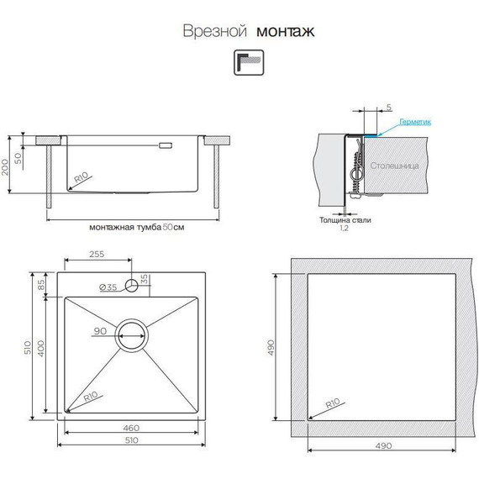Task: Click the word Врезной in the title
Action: [215, 31]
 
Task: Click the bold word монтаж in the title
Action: [286, 31]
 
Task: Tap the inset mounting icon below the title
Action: [249, 63]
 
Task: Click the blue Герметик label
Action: [415, 122]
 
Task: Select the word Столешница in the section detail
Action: [394, 166]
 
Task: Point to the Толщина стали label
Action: [345, 220]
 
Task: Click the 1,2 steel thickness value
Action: [344, 228]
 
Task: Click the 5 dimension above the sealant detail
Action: [388, 108]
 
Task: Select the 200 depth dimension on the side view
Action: [5, 166]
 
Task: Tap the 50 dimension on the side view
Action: [18, 158]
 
